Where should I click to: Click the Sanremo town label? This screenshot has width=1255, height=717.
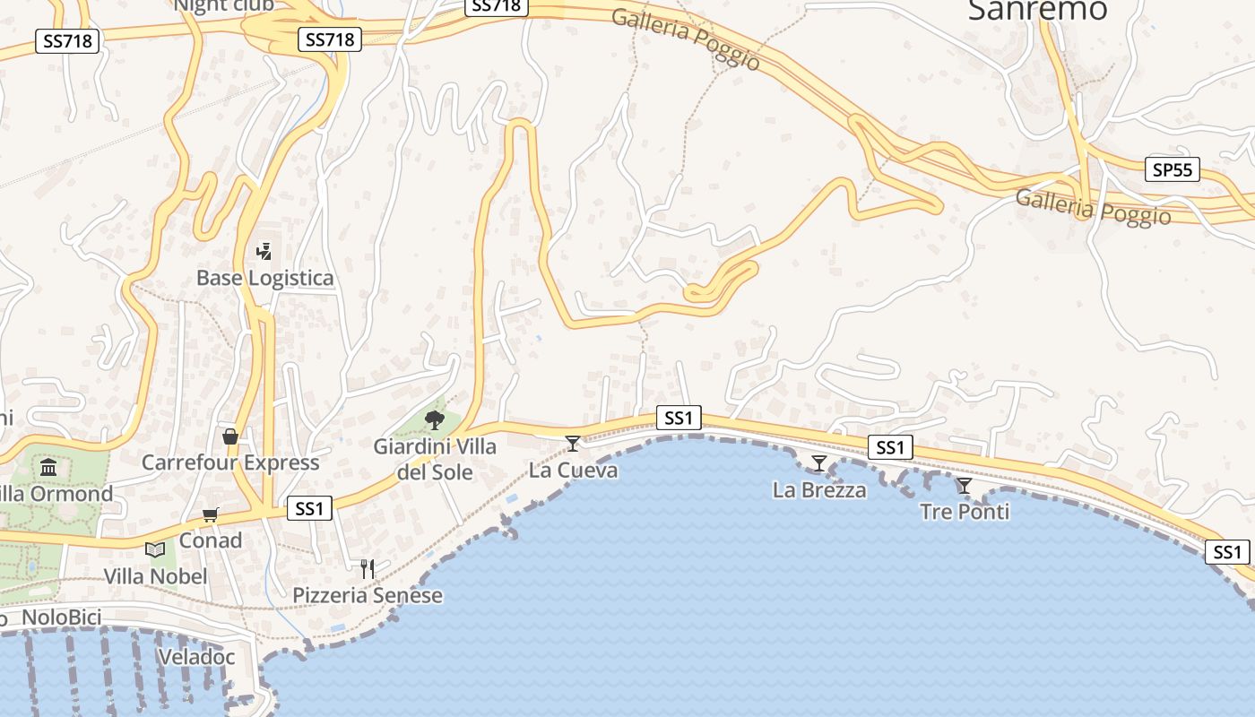(x=1038, y=9)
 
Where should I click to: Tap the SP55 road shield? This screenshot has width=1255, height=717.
(x=1173, y=168)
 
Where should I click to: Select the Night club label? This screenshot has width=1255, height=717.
(x=224, y=5)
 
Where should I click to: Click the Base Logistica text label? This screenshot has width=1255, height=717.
(x=264, y=278)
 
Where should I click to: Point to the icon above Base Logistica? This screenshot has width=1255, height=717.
(x=264, y=252)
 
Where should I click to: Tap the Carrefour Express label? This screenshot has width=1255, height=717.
(x=230, y=462)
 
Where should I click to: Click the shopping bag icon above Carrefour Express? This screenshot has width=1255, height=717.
(x=230, y=436)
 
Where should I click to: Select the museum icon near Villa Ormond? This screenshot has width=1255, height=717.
(x=48, y=467)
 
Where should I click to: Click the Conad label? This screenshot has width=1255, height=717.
(x=211, y=540)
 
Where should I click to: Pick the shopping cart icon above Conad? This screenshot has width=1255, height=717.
(x=211, y=514)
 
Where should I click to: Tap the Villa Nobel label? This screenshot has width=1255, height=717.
(x=155, y=576)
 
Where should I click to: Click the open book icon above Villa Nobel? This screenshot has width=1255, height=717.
(x=155, y=549)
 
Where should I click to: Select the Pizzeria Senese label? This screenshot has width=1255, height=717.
(x=368, y=595)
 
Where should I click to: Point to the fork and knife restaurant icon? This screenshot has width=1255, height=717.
(x=367, y=568)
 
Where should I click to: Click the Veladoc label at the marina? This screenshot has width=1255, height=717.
(x=196, y=657)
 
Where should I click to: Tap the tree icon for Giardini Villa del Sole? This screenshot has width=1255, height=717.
(x=435, y=419)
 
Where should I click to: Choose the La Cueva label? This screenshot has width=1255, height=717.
(x=573, y=470)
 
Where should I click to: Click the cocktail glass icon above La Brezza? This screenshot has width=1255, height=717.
(x=819, y=463)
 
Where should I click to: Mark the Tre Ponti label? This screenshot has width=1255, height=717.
(x=965, y=512)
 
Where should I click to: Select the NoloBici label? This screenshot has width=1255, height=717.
(x=61, y=618)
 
